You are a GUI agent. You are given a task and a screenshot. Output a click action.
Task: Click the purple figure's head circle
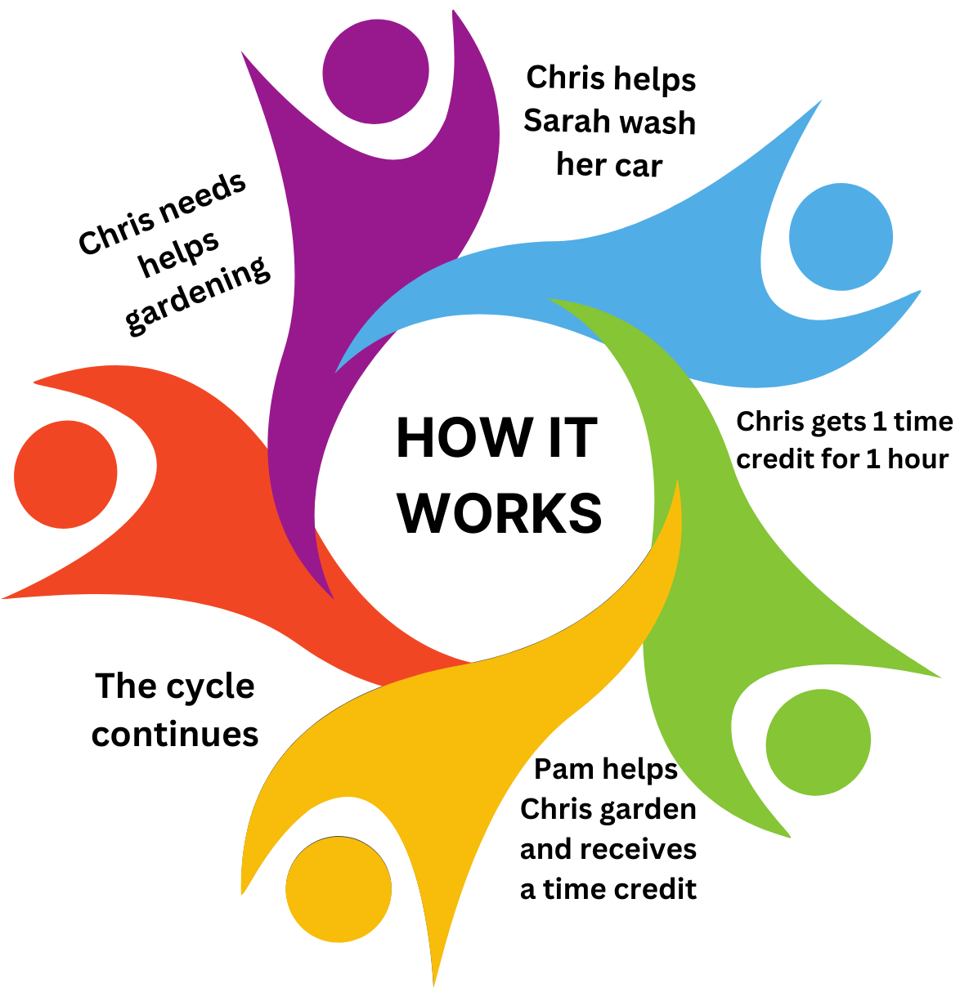point(375,72)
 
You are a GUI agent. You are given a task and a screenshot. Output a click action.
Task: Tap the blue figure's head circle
point(841,238)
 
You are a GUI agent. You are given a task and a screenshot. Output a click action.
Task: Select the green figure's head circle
point(818,741)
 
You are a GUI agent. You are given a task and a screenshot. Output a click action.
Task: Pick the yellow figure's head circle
point(339,889)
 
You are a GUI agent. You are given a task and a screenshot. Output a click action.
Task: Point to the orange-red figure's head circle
point(65,474)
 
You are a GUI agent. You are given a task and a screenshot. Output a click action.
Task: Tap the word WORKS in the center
point(500,513)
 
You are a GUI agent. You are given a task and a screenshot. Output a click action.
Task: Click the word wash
point(656,123)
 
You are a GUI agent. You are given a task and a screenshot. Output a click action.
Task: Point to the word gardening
point(198,295)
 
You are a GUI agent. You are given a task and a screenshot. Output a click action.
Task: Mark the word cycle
point(208,687)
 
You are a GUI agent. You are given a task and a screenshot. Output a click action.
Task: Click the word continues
point(175,734)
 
